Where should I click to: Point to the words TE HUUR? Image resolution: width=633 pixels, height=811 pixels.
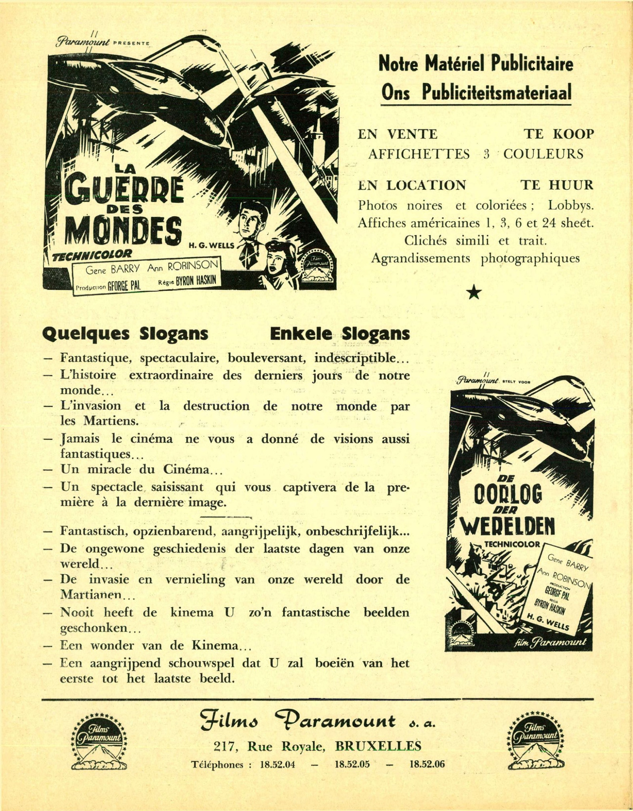(x=556, y=185)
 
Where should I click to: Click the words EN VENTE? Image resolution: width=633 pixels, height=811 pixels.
(x=397, y=134)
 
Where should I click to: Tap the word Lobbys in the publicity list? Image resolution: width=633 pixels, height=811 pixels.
(x=571, y=205)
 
